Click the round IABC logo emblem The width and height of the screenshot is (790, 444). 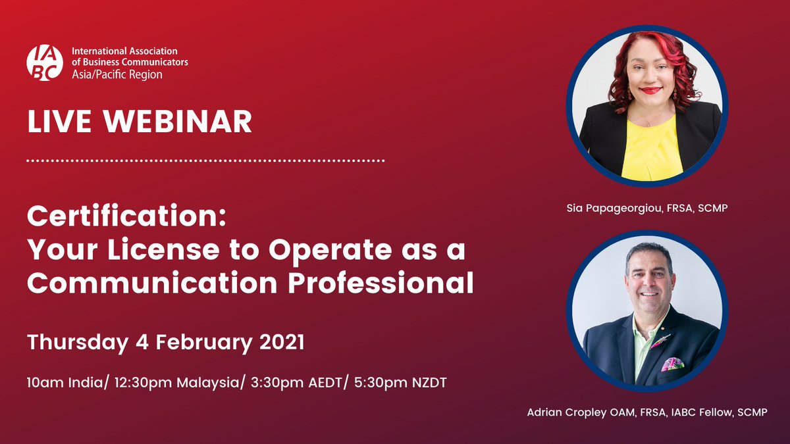(x=45, y=63)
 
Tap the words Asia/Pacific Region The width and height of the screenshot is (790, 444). (x=117, y=75)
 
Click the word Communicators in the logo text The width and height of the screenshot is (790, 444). (x=152, y=62)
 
